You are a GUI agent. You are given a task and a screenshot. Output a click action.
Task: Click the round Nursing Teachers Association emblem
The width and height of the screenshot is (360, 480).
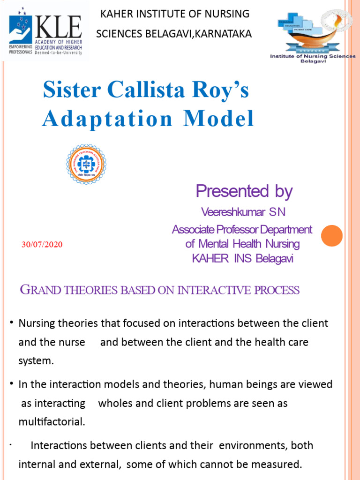point(86,164)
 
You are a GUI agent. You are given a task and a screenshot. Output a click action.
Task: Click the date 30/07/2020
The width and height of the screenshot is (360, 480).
point(42,245)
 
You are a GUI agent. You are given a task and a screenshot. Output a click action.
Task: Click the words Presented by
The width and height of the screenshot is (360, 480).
point(244,191)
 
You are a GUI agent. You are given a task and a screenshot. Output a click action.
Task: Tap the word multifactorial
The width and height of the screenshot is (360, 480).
point(52,422)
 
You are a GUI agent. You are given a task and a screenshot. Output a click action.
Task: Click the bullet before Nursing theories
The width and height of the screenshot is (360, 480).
point(11,323)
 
